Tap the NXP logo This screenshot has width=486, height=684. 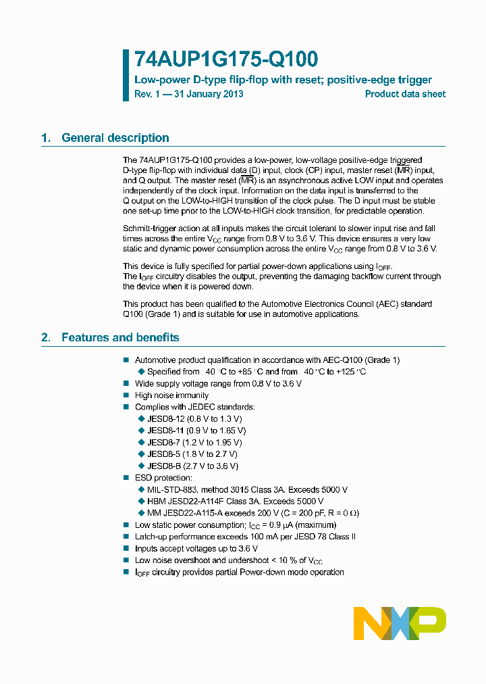(400, 622)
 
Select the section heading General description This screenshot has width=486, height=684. (115, 138)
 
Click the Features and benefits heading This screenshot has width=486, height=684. (120, 337)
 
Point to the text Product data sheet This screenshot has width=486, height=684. (405, 94)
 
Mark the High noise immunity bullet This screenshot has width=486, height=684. (171, 395)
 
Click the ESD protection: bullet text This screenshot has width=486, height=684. (163, 478)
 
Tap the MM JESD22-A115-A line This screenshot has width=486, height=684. (253, 513)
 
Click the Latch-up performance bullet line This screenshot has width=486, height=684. (245, 537)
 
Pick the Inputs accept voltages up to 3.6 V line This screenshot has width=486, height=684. (196, 549)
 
